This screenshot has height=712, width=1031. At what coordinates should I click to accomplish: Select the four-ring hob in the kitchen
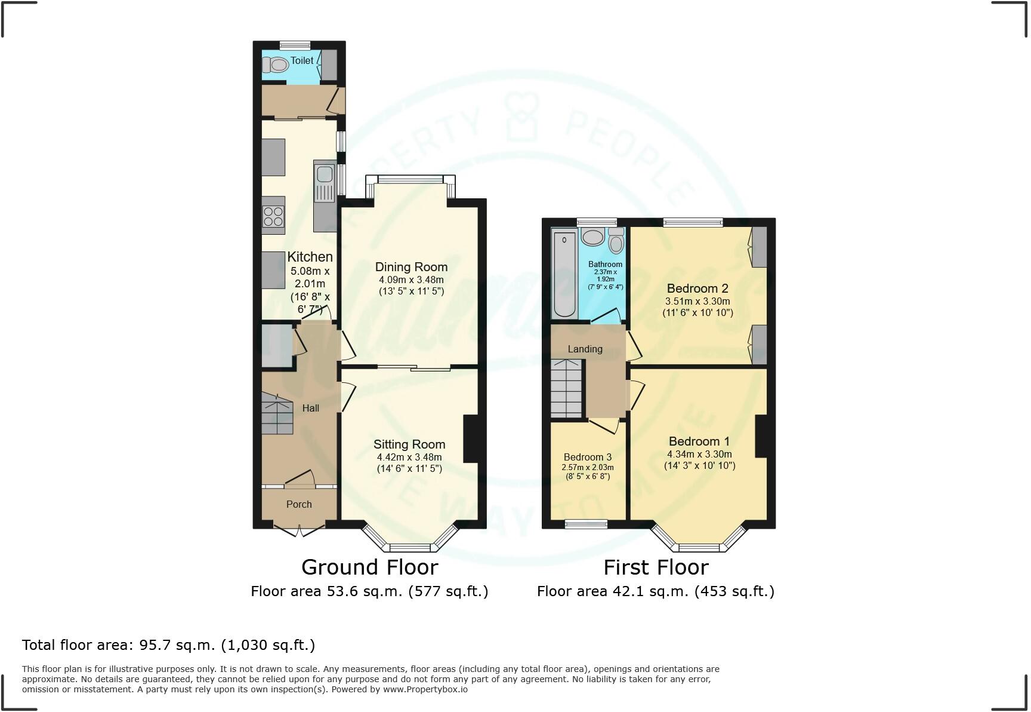click(273, 216)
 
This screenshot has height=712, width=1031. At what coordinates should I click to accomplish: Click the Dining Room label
click(410, 267)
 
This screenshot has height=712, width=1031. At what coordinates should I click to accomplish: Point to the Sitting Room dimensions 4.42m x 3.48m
click(409, 457)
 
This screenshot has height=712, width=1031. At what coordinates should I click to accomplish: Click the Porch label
click(299, 504)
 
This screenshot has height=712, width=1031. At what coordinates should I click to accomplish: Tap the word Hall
click(310, 408)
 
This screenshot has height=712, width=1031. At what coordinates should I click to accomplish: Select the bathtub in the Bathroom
click(563, 274)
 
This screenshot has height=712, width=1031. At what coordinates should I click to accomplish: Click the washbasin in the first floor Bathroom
click(592, 237)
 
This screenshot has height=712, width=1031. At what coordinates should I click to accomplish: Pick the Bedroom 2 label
click(697, 289)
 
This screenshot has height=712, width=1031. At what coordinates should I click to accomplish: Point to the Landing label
click(585, 349)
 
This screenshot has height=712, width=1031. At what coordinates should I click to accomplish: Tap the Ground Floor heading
click(369, 567)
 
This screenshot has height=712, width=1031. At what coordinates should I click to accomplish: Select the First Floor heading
click(655, 567)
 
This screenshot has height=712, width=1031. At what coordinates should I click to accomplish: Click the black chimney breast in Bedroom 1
click(761, 436)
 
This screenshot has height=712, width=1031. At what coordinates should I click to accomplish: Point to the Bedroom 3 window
click(585, 524)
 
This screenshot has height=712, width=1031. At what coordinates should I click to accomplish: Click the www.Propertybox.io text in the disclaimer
click(425, 689)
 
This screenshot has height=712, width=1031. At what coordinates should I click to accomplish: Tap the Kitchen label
click(310, 257)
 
